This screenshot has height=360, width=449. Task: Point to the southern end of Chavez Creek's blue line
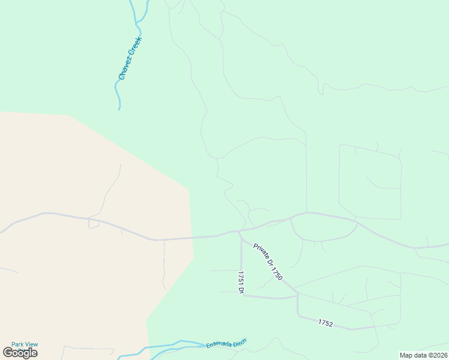pos(119,109)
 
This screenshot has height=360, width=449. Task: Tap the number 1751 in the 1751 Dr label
pos(241,278)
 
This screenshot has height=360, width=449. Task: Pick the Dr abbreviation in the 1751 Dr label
pos(241,290)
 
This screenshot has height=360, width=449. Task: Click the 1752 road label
pos(325,323)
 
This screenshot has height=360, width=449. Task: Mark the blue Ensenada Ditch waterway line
pos(156,347)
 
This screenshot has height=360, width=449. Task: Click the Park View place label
pos(25,344)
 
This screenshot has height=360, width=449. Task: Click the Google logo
pos(20,353)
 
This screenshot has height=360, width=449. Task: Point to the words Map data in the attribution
pos(414,355)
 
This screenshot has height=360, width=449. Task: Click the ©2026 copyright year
pos(437,355)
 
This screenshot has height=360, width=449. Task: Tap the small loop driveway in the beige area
pos(94,224)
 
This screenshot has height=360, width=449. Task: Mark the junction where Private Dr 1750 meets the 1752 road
pos(298,295)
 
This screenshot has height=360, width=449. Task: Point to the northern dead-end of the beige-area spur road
pos(120,165)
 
